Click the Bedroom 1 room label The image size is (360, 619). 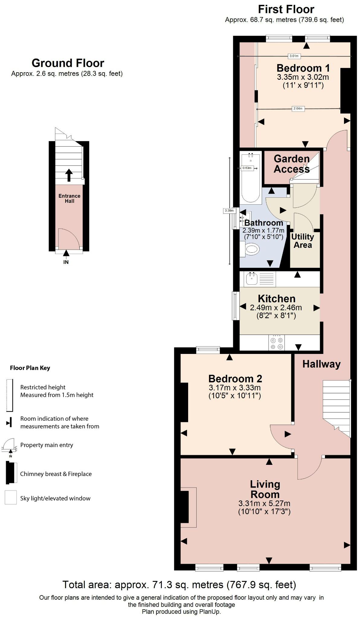click(303, 68)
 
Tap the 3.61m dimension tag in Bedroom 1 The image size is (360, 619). click(294, 56)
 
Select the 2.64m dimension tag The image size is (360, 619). click(297, 109)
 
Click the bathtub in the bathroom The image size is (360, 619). click(250, 178)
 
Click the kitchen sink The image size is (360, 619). click(251, 278)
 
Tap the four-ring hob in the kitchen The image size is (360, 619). click(277, 343)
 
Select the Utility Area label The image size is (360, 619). click(303, 241)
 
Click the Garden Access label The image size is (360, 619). click(291, 164)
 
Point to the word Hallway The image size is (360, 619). click(321, 364)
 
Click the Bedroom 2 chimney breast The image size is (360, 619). click(184, 402)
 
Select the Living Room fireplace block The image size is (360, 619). click(185, 506)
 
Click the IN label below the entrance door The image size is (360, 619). click(66, 262)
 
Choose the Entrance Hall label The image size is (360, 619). click(69, 198)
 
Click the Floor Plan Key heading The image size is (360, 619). click(30, 368)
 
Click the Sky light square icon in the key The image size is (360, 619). click(11, 497)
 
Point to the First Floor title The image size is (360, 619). click(286, 9)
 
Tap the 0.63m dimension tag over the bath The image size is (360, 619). click(247, 168)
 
